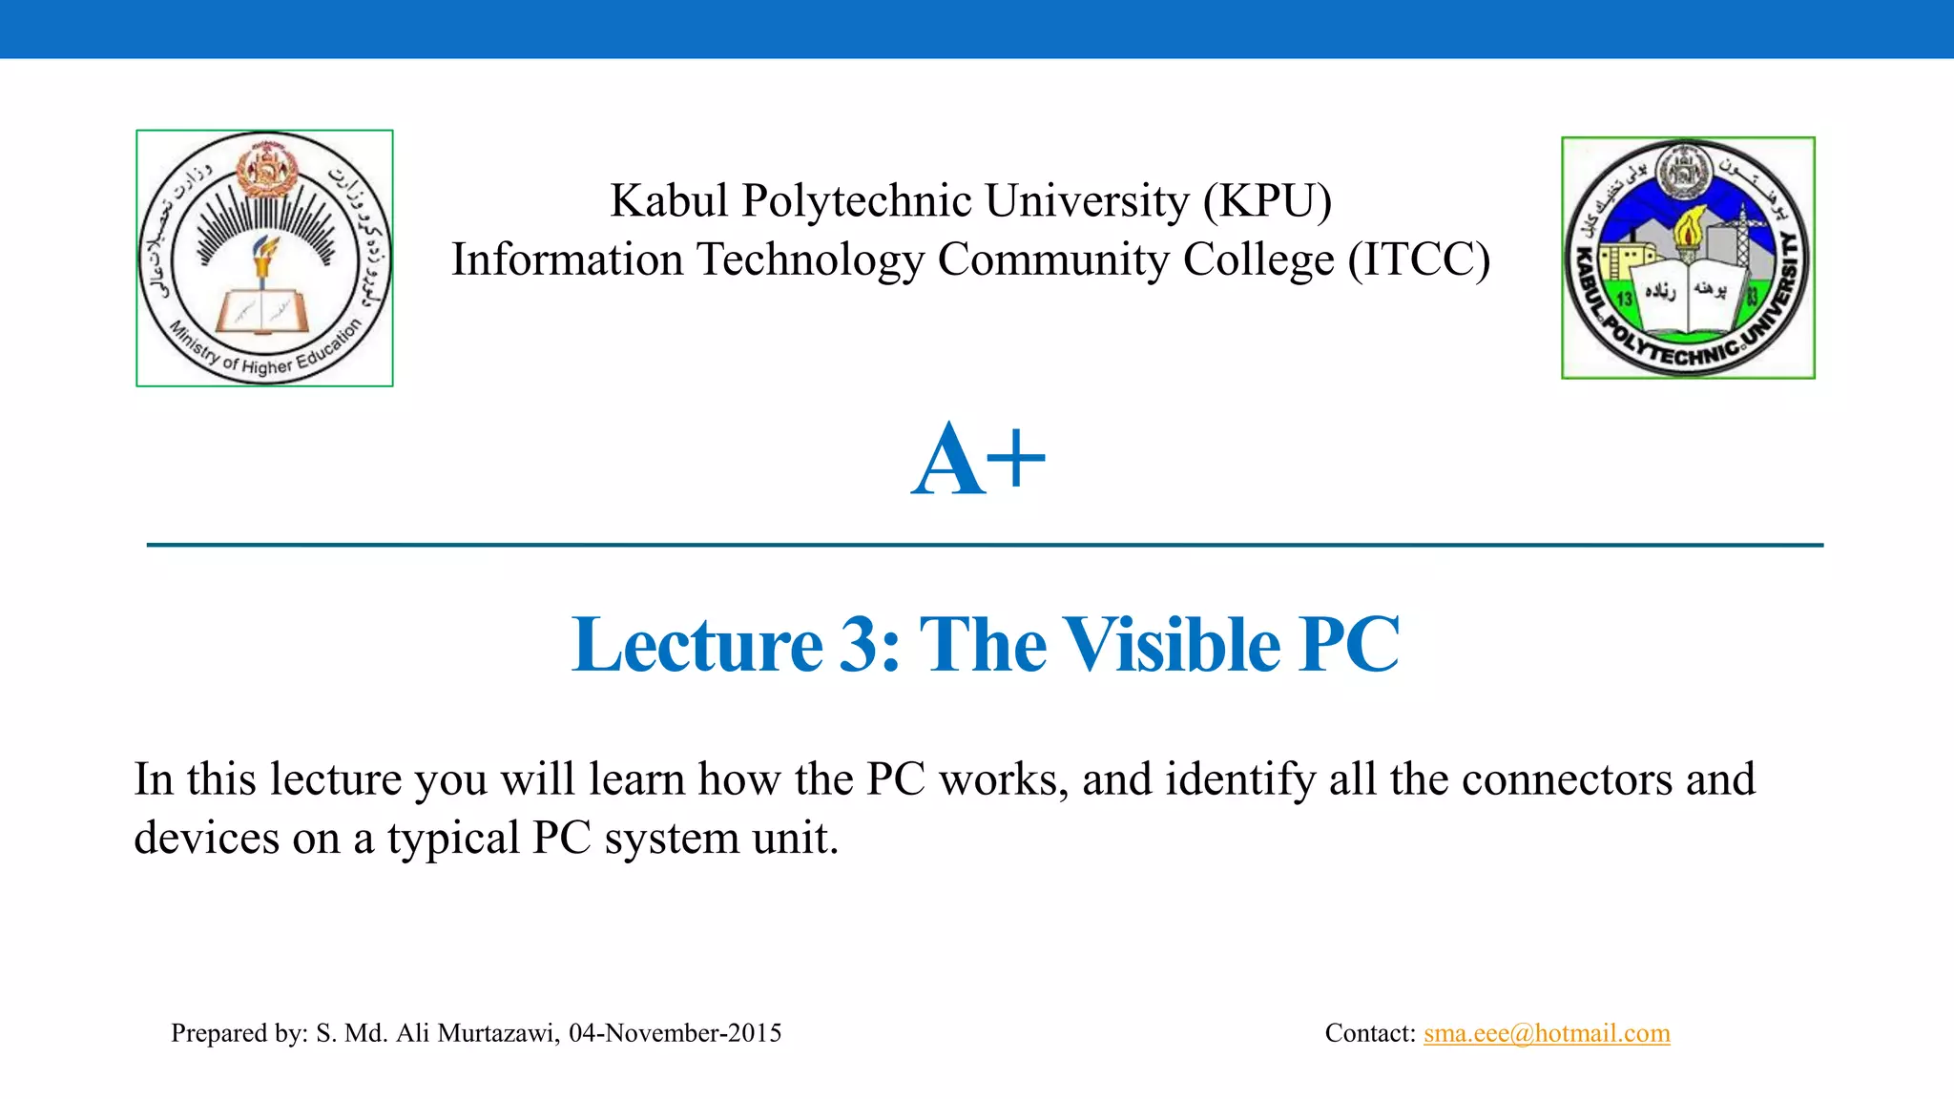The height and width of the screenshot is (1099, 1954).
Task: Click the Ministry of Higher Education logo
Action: [x=264, y=258]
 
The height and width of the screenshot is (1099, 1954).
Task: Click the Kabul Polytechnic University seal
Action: [x=1688, y=258]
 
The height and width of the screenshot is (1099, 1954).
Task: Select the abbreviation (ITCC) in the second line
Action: [x=1419, y=260]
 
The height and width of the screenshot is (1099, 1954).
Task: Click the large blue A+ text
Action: [x=978, y=461]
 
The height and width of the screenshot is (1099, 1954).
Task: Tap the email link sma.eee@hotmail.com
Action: [x=1547, y=1033]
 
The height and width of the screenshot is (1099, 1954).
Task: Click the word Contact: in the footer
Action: [x=1370, y=1033]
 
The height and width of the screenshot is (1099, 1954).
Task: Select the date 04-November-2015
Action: [x=675, y=1033]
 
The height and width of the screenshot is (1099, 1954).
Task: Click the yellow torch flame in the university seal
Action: [x=1689, y=225]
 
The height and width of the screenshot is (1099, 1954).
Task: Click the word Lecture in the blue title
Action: [x=696, y=645]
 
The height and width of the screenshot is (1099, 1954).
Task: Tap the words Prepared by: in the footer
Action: [x=239, y=1033]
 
